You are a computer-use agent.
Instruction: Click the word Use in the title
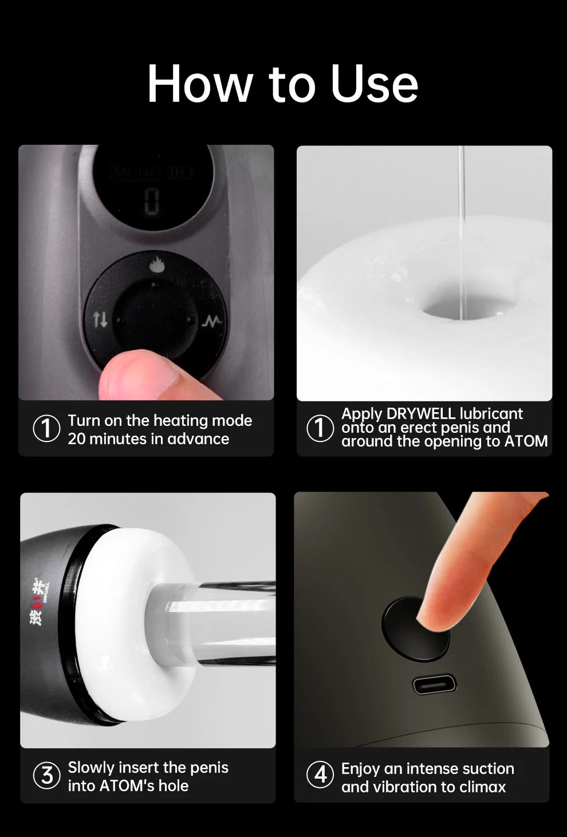click(x=374, y=84)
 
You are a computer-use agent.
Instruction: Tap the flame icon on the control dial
click(x=156, y=266)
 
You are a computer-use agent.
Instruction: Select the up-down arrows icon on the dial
click(x=100, y=319)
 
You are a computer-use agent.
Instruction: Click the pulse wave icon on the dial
click(x=211, y=321)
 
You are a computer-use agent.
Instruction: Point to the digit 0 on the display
click(x=152, y=202)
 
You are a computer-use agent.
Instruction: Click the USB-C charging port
click(x=434, y=685)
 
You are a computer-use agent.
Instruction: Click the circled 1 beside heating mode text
click(x=47, y=428)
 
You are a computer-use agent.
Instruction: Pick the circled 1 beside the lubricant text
click(x=320, y=428)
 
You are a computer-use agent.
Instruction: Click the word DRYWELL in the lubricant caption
click(x=421, y=414)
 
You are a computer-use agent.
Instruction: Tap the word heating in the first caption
click(x=180, y=421)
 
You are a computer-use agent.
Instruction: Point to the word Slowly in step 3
click(x=91, y=768)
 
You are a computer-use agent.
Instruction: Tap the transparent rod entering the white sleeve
click(x=213, y=624)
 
